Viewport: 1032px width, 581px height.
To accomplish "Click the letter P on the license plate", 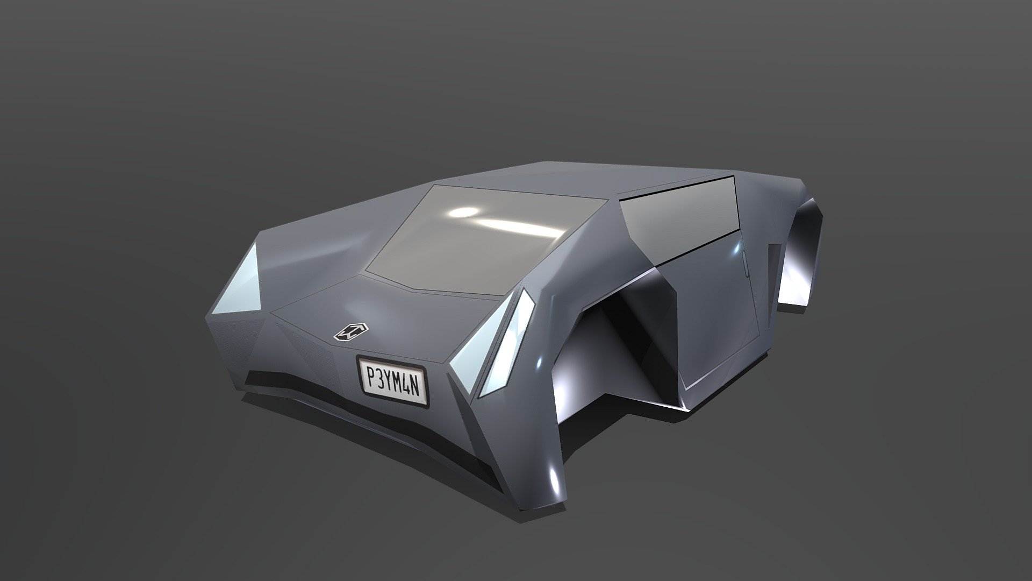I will coord(370,373).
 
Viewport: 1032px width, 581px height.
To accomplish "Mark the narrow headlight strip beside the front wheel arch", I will coord(511,344).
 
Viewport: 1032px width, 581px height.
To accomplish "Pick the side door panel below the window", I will coord(709,317).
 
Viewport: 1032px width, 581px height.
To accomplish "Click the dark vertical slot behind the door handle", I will coord(774,269).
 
